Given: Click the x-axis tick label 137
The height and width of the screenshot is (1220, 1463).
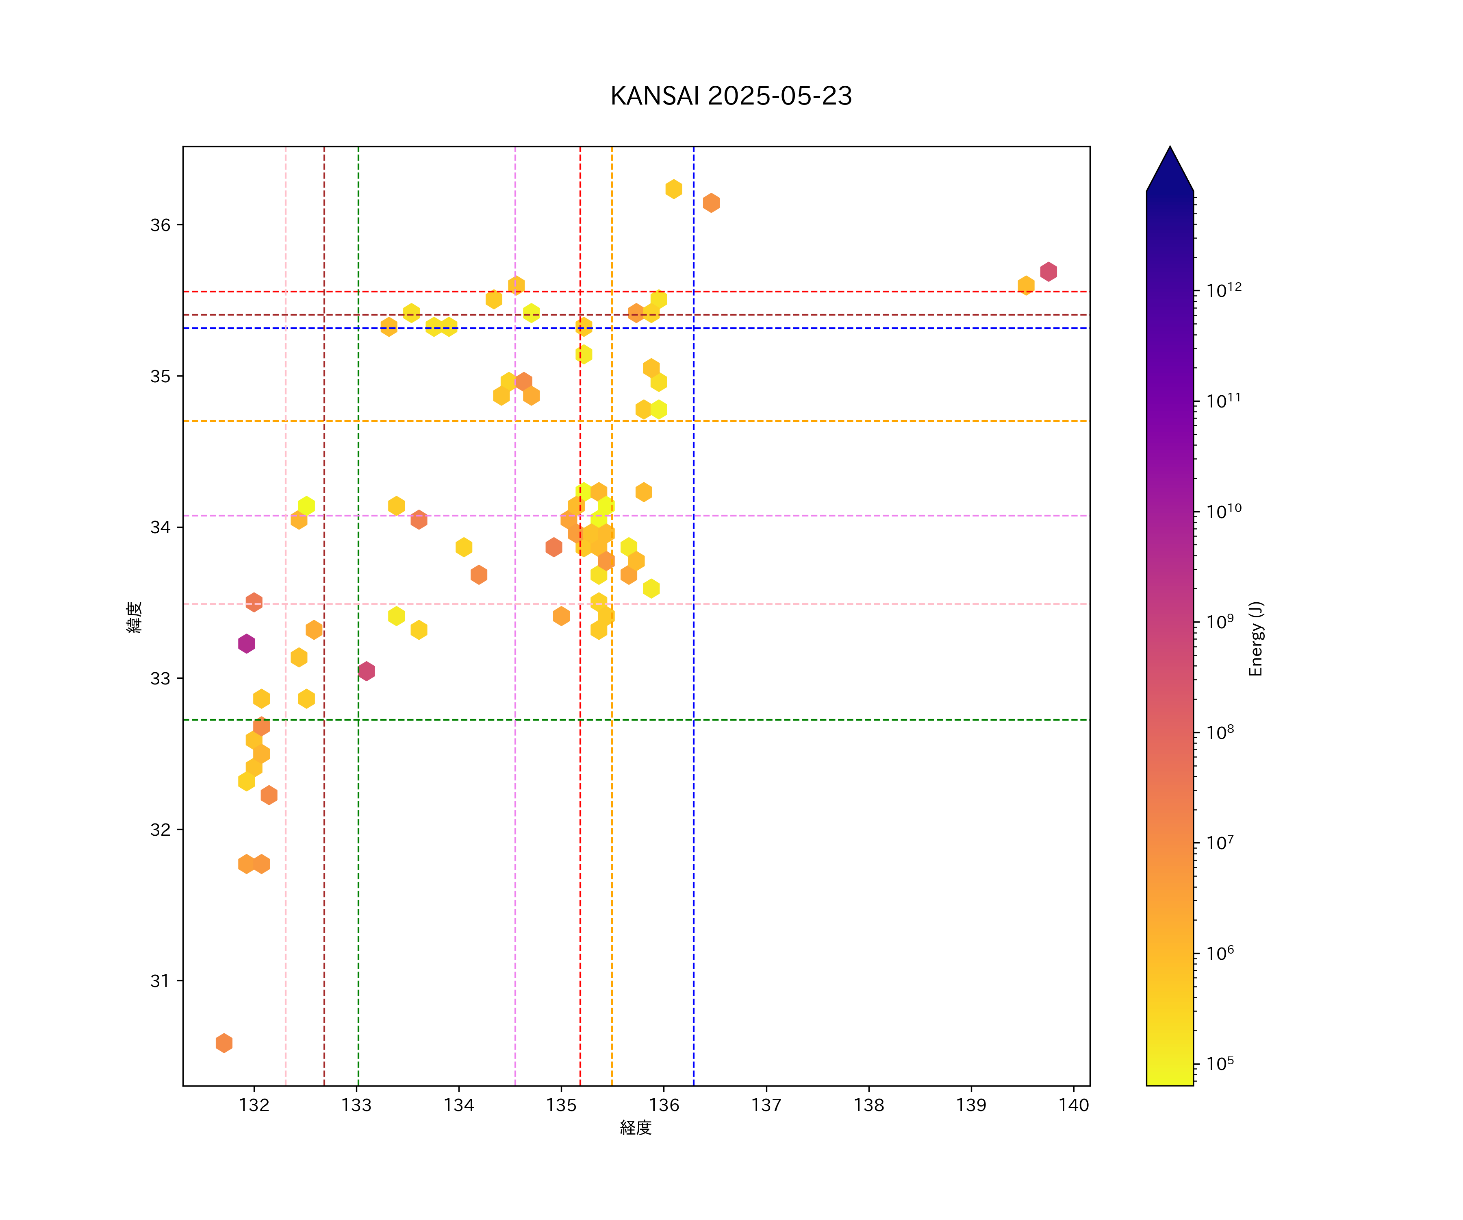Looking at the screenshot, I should click(x=766, y=1105).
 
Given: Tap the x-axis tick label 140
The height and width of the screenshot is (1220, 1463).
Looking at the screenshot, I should click(x=1074, y=1105).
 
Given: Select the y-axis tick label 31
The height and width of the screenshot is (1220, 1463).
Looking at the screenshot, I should click(x=160, y=981).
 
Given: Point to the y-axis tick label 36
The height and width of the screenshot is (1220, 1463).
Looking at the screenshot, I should click(x=160, y=225).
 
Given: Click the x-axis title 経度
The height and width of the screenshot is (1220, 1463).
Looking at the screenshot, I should click(x=635, y=1127).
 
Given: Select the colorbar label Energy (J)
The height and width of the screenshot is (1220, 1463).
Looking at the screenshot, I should click(x=1255, y=638).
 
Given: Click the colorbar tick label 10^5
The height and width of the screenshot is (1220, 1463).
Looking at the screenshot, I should click(x=1220, y=1063).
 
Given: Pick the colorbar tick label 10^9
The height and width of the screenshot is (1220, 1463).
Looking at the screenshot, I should click(x=1220, y=621).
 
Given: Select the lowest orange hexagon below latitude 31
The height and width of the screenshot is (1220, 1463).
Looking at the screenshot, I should click(x=224, y=1043).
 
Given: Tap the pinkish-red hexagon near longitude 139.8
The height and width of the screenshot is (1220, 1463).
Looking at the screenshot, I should click(x=1048, y=271).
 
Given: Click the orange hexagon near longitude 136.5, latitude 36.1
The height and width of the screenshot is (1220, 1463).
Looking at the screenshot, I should click(x=711, y=203).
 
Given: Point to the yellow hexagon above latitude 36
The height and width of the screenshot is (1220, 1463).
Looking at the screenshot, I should click(x=673, y=189).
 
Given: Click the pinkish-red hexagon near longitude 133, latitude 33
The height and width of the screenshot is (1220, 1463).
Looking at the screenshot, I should click(x=367, y=671).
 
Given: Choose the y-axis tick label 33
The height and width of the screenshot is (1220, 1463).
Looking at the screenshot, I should click(x=160, y=678).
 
